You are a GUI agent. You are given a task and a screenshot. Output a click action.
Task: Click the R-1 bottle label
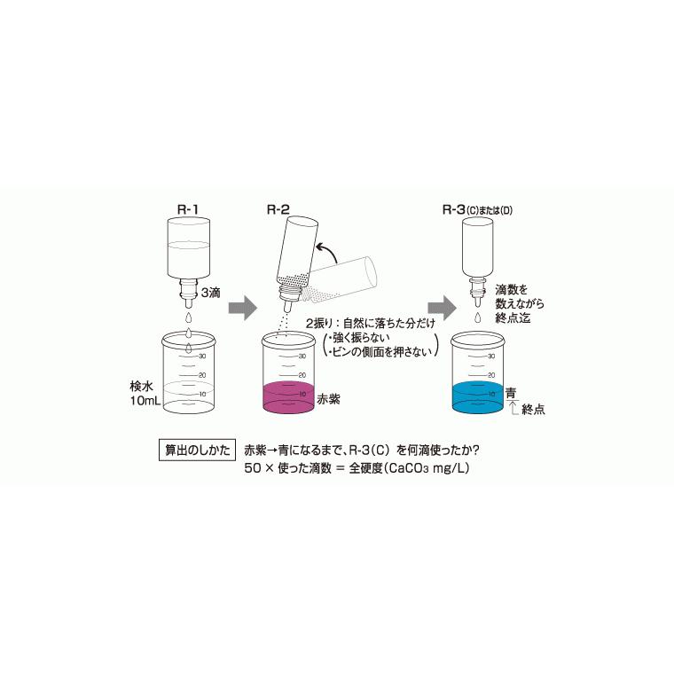click(188, 210)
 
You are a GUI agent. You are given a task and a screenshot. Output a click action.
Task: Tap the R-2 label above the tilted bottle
click(278, 210)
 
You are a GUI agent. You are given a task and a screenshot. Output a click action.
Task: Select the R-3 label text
click(459, 210)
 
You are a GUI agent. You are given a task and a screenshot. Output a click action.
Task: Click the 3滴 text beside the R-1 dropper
click(211, 292)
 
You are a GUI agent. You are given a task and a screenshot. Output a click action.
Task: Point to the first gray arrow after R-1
click(240, 308)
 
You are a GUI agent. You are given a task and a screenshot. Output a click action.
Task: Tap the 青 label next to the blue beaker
click(510, 392)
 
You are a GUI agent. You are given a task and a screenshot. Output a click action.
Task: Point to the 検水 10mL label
click(142, 394)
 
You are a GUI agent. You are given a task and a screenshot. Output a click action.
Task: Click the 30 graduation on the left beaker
click(203, 356)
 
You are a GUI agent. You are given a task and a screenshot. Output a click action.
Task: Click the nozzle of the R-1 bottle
click(188, 288)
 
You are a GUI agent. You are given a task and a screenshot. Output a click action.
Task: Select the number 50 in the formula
click(254, 467)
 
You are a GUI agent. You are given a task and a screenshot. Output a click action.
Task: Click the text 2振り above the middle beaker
click(317, 324)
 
